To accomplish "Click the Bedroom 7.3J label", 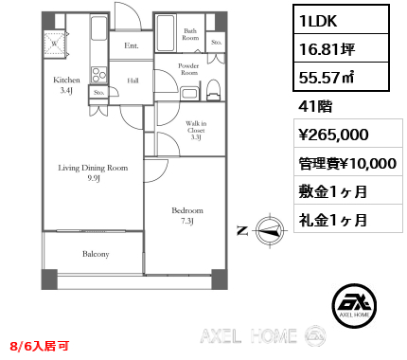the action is click(x=187, y=216).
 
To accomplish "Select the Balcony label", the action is click(x=96, y=254).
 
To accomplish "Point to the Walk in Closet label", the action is click(x=196, y=130).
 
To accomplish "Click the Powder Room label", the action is click(x=188, y=69).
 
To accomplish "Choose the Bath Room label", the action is click(x=190, y=34).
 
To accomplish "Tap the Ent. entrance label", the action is click(x=132, y=45).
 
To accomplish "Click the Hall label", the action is click(x=133, y=81).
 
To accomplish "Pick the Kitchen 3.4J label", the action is click(x=66, y=85).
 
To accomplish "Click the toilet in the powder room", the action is click(x=214, y=90).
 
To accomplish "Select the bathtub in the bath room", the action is click(x=166, y=33).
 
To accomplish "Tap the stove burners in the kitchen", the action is click(x=99, y=75).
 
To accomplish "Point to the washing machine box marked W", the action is click(x=55, y=44).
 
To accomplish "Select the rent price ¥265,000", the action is click(x=334, y=135).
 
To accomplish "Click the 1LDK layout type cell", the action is click(x=341, y=20).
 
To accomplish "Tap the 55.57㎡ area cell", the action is click(x=341, y=77).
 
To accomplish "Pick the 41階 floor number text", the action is click(x=315, y=106).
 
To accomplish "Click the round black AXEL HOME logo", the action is click(x=354, y=305).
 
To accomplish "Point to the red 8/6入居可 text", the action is click(x=40, y=346).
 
